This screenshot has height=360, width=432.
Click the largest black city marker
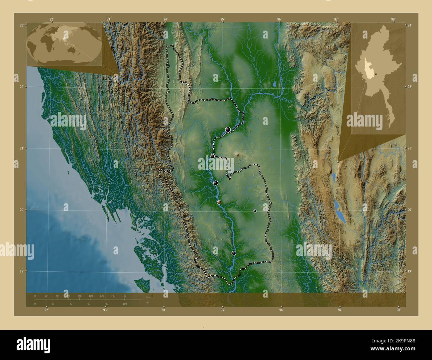(x=228, y=129)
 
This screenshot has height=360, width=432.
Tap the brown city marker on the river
(x=219, y=202)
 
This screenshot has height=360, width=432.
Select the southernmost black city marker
(x=234, y=253)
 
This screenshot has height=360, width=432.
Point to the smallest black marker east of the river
(x=255, y=211)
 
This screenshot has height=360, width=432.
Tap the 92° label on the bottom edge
(x=47, y=310)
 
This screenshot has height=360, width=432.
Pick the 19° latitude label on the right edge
(x=410, y=271)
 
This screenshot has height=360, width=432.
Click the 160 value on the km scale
(x=124, y=296)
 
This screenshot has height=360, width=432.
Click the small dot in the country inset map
(x=376, y=74)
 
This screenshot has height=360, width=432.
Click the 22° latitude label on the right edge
(x=410, y=87)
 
